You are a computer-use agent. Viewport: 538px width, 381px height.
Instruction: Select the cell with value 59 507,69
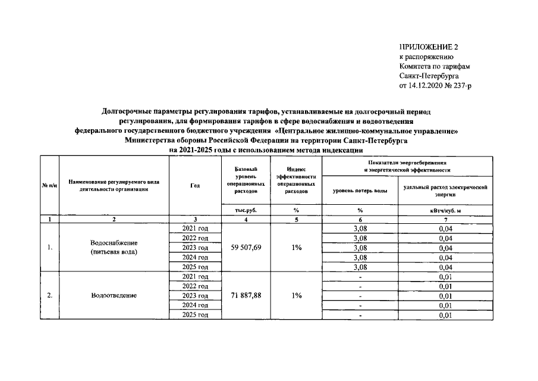pos(246,247)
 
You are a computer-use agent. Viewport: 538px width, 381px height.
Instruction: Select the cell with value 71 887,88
pos(246,295)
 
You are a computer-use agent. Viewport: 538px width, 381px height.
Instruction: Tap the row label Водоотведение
pos(115,295)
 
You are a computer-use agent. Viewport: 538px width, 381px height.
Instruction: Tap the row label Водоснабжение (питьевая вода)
pos(115,247)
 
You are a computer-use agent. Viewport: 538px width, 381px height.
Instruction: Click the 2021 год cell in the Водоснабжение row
pos(195,228)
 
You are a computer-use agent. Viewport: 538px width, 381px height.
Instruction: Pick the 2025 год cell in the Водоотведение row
pos(195,315)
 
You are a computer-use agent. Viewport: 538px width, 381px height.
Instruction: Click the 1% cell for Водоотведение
pos(297,295)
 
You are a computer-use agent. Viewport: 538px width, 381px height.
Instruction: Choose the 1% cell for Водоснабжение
pos(297,247)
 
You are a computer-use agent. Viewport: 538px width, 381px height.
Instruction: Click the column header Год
pos(195,186)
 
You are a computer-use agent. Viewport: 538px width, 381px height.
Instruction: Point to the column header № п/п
pos(49,186)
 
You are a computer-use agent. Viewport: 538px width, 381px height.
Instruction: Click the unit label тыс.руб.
pos(246,210)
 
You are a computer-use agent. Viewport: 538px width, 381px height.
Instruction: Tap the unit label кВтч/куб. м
pos(445,210)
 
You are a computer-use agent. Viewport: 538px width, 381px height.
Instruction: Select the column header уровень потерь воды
pos(360,190)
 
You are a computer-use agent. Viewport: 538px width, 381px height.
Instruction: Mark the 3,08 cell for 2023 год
pos(360,248)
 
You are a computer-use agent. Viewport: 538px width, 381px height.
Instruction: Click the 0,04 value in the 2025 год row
pos(445,267)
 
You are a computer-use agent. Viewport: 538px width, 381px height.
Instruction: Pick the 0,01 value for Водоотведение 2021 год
pos(445,277)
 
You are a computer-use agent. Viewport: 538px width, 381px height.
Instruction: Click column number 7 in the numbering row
pos(445,219)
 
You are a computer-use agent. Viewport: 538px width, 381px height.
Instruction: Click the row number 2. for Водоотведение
pos(49,295)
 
